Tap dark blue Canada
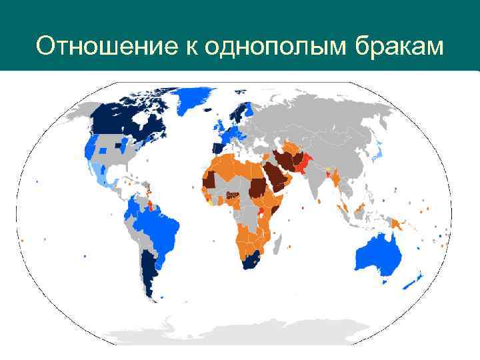(x=130, y=120)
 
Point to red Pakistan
(x=306, y=164)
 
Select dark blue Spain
(x=217, y=148)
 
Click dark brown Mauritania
(x=209, y=179)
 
